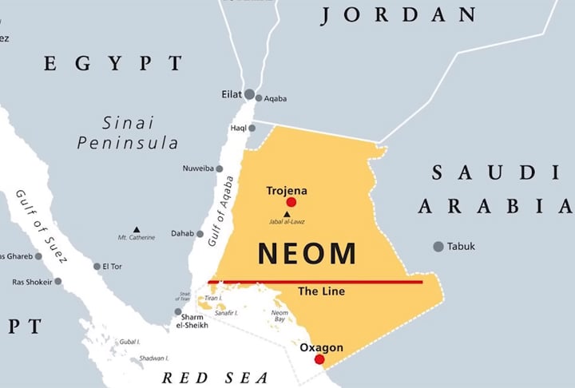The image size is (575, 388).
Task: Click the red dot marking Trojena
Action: (x=291, y=203)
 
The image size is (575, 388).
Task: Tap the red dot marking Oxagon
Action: (x=319, y=359)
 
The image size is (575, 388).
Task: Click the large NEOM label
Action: (x=307, y=253)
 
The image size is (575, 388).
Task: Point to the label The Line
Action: (x=321, y=291)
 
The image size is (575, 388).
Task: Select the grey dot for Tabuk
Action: (x=438, y=247)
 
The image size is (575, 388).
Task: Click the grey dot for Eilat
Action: (x=250, y=94)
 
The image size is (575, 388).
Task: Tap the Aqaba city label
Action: (x=276, y=99)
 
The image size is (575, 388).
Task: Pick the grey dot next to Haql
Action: (x=252, y=128)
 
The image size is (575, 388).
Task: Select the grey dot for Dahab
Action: (x=200, y=234)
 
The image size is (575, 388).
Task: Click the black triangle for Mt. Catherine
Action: (x=137, y=230)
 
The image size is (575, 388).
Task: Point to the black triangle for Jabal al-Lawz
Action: (x=287, y=214)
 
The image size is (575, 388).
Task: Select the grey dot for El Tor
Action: (x=97, y=267)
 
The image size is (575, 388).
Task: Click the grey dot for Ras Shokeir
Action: (x=57, y=281)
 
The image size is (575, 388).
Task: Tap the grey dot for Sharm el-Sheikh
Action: (x=178, y=312)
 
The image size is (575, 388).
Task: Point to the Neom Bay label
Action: (x=279, y=316)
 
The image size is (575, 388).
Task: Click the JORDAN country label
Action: (x=399, y=14)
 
